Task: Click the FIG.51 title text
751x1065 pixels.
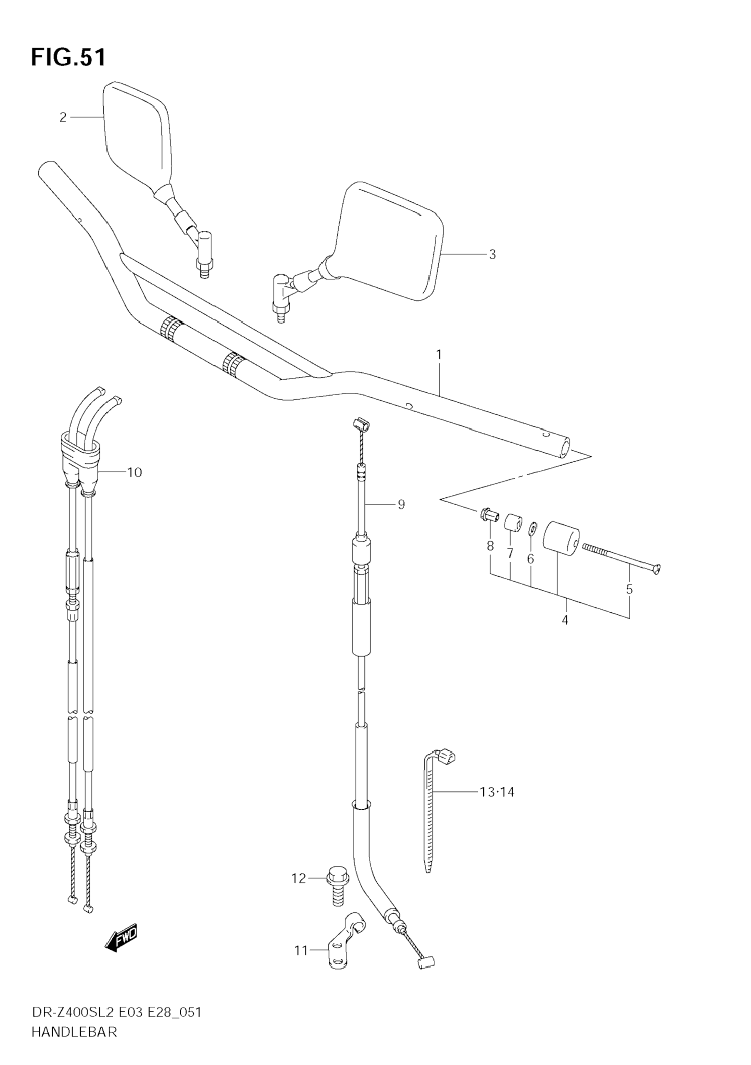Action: tap(68, 57)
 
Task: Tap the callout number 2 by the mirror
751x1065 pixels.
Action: tap(63, 117)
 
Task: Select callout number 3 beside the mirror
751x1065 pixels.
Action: tap(492, 254)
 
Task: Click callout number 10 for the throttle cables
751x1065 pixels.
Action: tap(134, 473)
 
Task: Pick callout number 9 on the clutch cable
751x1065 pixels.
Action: tap(401, 504)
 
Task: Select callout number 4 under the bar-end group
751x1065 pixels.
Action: tap(564, 620)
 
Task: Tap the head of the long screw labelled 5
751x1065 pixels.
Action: tap(656, 569)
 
